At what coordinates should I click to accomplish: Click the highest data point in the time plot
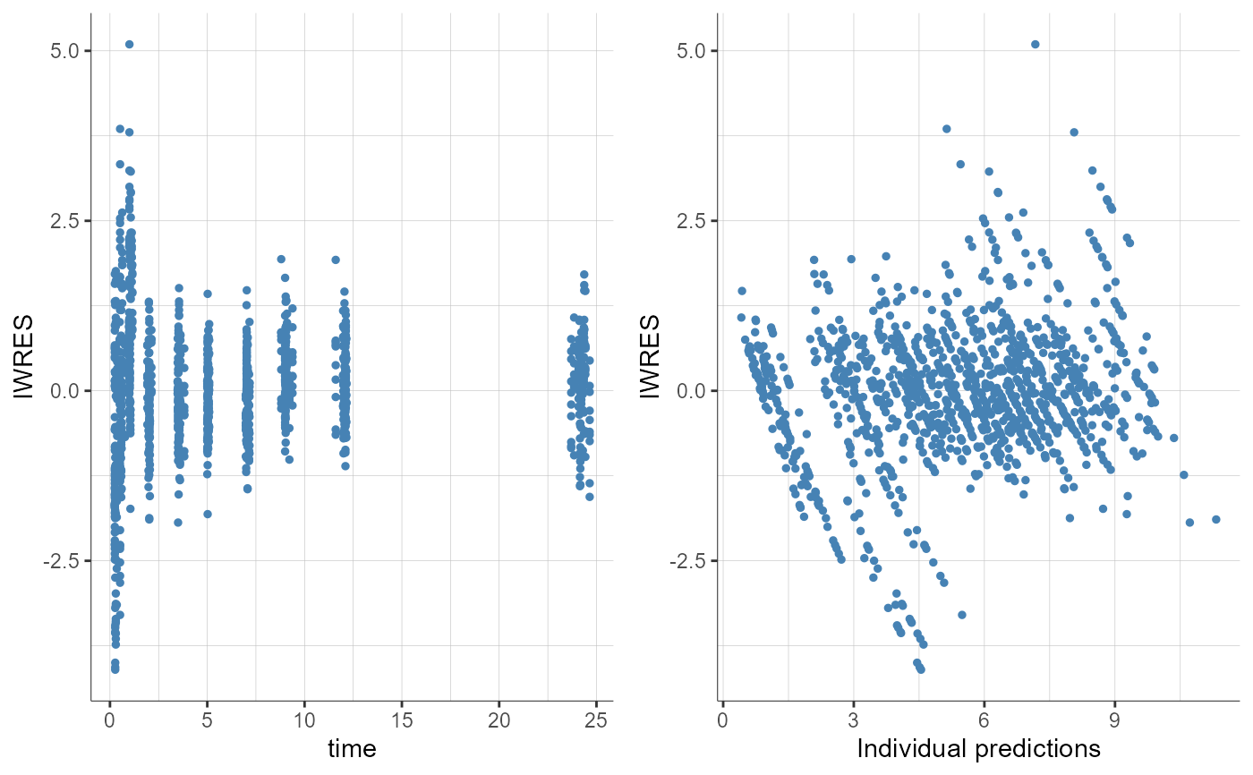129,44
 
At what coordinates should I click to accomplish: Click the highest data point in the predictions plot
1036,44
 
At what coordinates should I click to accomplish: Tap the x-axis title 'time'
352,748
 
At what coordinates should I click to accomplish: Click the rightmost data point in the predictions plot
1216,519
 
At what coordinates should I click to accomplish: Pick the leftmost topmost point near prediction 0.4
742,291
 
